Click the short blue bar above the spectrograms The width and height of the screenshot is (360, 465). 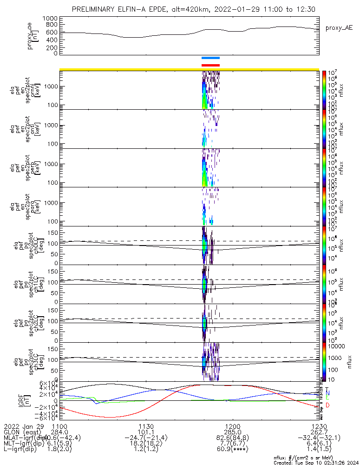tap(210, 58)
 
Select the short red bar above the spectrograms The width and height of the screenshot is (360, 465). tap(210, 65)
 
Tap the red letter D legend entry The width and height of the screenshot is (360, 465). tap(328, 405)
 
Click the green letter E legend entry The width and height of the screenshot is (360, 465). tap(327, 398)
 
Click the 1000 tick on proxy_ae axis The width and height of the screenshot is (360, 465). tap(51, 18)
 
